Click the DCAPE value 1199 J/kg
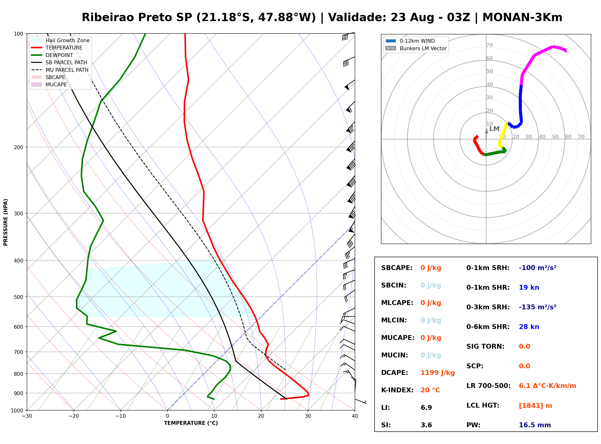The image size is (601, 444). [438, 373]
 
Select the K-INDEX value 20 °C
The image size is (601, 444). [430, 390]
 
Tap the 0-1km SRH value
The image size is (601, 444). [538, 268]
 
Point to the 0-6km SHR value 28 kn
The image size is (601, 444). [529, 327]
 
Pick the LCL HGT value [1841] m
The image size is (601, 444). [535, 406]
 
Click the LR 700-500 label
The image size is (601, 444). [488, 386]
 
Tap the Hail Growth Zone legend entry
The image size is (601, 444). [60, 40]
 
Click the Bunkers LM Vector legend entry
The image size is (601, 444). [416, 48]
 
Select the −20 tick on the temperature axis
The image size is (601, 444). [74, 416]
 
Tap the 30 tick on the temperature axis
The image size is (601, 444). [308, 416]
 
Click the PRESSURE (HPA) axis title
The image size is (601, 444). [5, 222]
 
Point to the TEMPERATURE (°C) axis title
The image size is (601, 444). [191, 423]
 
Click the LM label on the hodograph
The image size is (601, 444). [494, 129]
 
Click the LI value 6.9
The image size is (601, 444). [426, 408]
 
